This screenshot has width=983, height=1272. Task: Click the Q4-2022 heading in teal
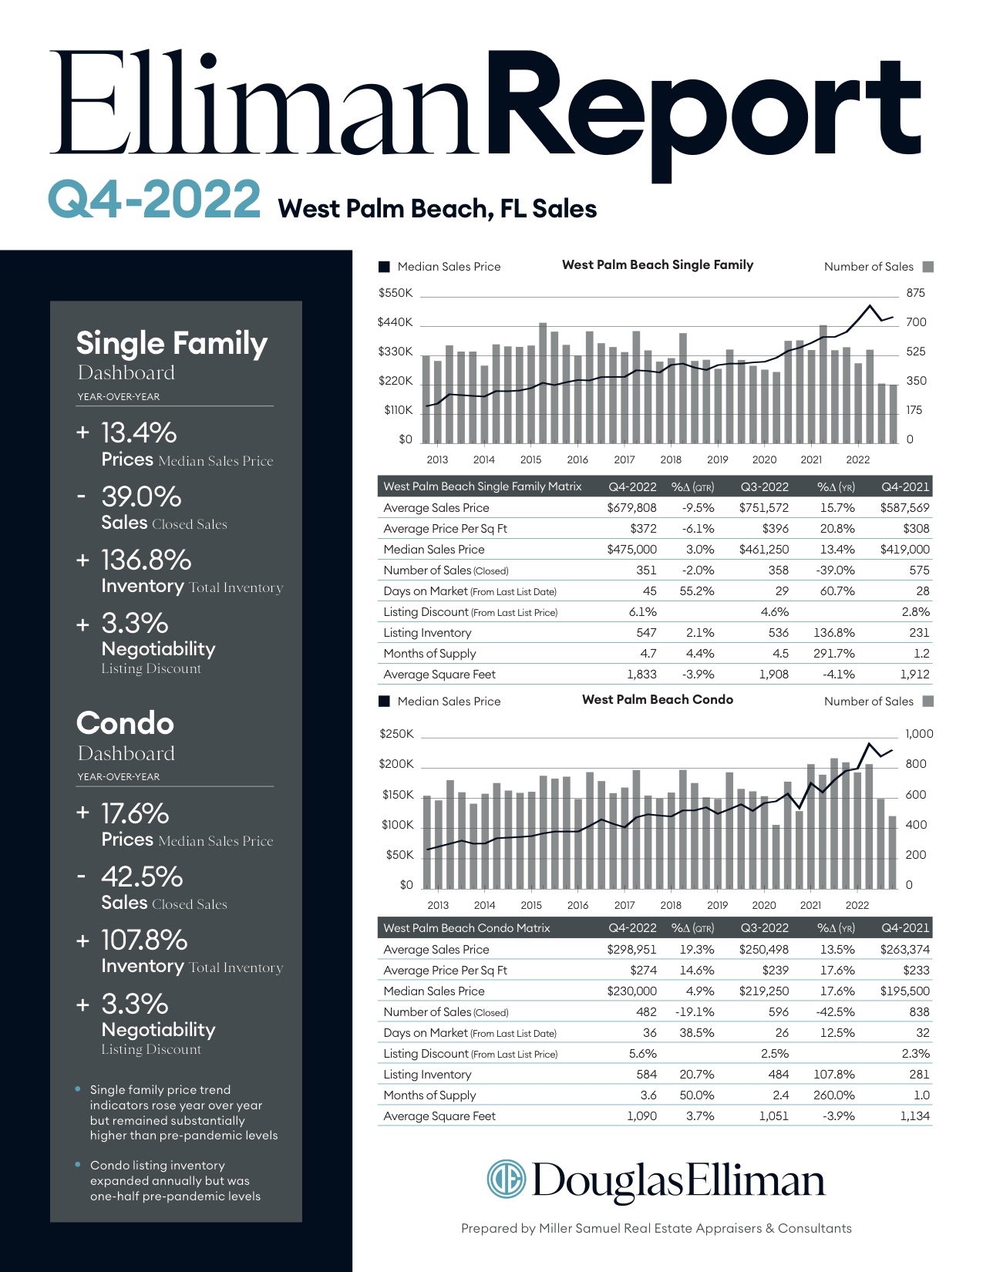[154, 199]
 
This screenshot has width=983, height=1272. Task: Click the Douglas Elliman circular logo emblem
[506, 1179]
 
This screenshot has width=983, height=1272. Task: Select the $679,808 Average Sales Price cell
[631, 508]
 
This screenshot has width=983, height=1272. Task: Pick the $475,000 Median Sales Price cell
[631, 550]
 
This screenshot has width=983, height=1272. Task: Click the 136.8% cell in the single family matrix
[834, 633]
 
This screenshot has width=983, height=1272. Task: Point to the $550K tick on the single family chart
[396, 293]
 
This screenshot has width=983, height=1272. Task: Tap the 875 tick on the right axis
[916, 293]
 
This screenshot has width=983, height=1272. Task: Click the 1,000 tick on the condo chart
[919, 734]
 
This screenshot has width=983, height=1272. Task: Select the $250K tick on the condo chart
[396, 734]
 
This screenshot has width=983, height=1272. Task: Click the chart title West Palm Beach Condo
[658, 700]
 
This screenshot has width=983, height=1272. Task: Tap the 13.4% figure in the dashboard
[139, 433]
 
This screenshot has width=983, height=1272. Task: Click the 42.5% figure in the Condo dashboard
[142, 877]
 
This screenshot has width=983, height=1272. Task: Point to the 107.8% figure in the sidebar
[144, 941]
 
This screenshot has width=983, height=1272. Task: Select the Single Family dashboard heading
[171, 344]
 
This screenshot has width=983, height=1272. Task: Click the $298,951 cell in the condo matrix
[631, 950]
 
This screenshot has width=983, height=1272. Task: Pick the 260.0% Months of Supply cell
[834, 1095]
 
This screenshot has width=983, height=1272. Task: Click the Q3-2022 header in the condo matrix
[764, 928]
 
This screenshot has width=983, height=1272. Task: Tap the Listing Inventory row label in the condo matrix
[427, 1075]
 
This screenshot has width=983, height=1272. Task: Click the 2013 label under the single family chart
[437, 459]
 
